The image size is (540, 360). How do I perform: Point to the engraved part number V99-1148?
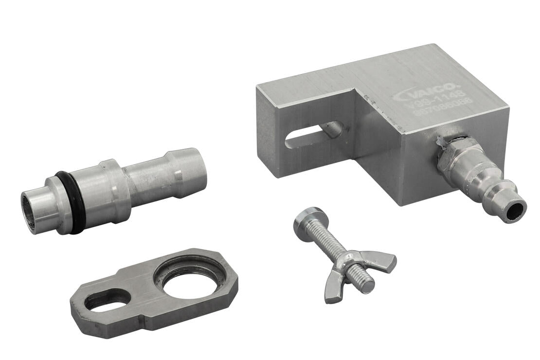433,103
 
